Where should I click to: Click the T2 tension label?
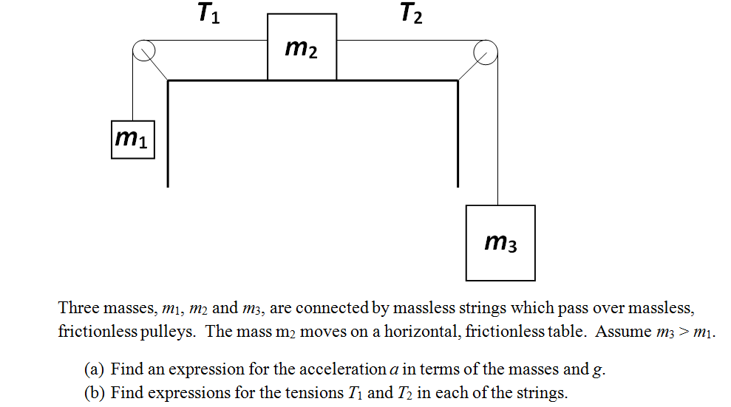[x=412, y=14]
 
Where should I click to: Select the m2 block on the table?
[x=302, y=47]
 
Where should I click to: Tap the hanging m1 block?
[x=133, y=139]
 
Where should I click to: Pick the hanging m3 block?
[x=500, y=242]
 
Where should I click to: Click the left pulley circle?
[x=143, y=50]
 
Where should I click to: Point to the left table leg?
[x=169, y=133]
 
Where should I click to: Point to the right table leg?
[x=458, y=133]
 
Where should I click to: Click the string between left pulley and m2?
[x=207, y=40]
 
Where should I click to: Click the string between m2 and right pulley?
[x=407, y=40]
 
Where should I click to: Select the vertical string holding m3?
[x=497, y=133]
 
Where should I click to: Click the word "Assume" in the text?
[x=623, y=332]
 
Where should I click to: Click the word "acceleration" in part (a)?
[x=342, y=370]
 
